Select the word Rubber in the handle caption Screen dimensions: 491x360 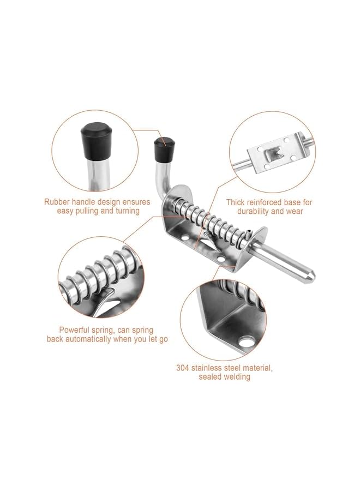[57, 202]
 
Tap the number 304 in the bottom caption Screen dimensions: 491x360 [183, 368]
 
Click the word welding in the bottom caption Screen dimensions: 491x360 [236, 376]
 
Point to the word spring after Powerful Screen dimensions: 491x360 [106, 330]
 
